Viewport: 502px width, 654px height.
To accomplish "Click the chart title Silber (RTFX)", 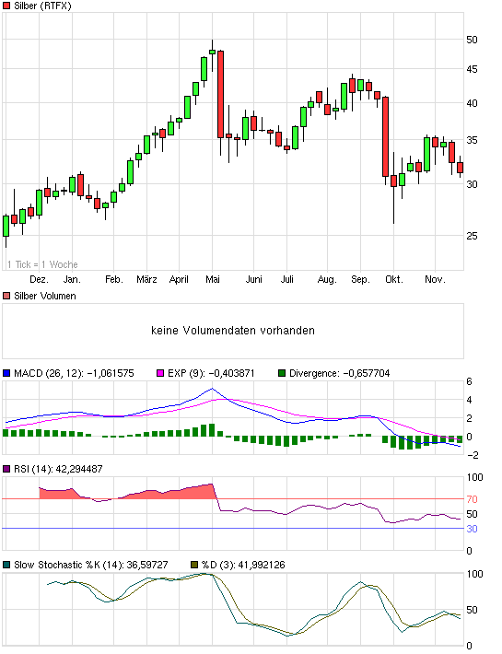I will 43,6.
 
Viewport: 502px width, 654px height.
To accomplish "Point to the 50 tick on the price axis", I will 472,41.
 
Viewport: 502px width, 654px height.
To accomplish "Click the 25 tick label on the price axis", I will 472,236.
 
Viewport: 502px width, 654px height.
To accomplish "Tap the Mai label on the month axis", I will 213,278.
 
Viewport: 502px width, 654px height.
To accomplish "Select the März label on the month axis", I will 146,278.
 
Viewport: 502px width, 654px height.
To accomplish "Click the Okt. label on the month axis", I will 394,278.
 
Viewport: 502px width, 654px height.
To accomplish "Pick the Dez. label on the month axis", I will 39,278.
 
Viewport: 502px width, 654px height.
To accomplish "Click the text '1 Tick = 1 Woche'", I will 43,264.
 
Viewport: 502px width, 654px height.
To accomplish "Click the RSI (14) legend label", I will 34,469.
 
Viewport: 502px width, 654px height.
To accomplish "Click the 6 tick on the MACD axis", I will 469,382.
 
